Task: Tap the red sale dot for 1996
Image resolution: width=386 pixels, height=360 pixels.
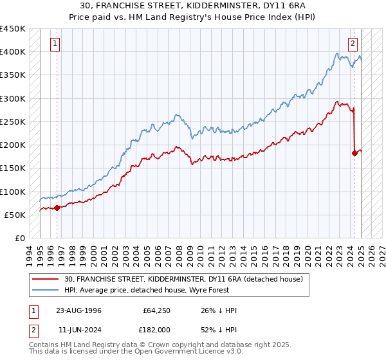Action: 57,207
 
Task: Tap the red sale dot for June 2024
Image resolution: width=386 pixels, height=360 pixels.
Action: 354,153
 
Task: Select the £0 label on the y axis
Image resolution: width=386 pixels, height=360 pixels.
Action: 20,238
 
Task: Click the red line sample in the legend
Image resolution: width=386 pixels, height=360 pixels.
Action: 46,279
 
